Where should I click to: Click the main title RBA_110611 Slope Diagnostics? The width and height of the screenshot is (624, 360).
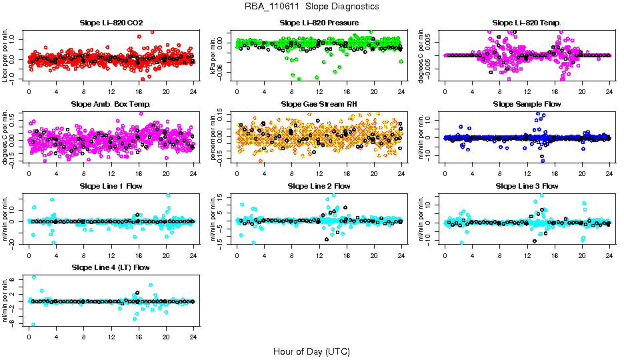[312, 7]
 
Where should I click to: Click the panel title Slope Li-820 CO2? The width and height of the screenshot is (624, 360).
[111, 23]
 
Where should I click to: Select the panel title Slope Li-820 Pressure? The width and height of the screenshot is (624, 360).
[319, 23]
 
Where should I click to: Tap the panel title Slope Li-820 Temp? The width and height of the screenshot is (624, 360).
[527, 23]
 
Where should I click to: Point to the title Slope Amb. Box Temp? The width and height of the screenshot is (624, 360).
[111, 105]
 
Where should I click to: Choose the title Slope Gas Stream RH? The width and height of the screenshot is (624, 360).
[319, 105]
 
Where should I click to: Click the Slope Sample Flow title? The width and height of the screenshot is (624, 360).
[527, 105]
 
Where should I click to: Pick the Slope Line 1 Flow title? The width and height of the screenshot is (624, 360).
[111, 186]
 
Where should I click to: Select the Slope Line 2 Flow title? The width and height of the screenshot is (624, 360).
[319, 186]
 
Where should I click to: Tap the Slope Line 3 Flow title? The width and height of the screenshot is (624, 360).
[527, 186]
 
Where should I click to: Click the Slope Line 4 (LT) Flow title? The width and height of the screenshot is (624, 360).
[111, 267]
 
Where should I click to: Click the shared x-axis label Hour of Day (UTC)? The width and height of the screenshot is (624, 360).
[312, 351]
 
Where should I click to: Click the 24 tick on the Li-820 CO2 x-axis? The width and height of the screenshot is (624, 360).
[193, 92]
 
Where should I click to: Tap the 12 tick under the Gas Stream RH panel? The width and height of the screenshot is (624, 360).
[319, 173]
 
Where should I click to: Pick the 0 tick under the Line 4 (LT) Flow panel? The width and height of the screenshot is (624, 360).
[29, 336]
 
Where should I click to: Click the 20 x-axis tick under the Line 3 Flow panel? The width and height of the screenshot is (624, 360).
[582, 255]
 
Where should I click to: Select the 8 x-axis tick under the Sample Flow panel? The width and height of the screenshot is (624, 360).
[500, 173]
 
